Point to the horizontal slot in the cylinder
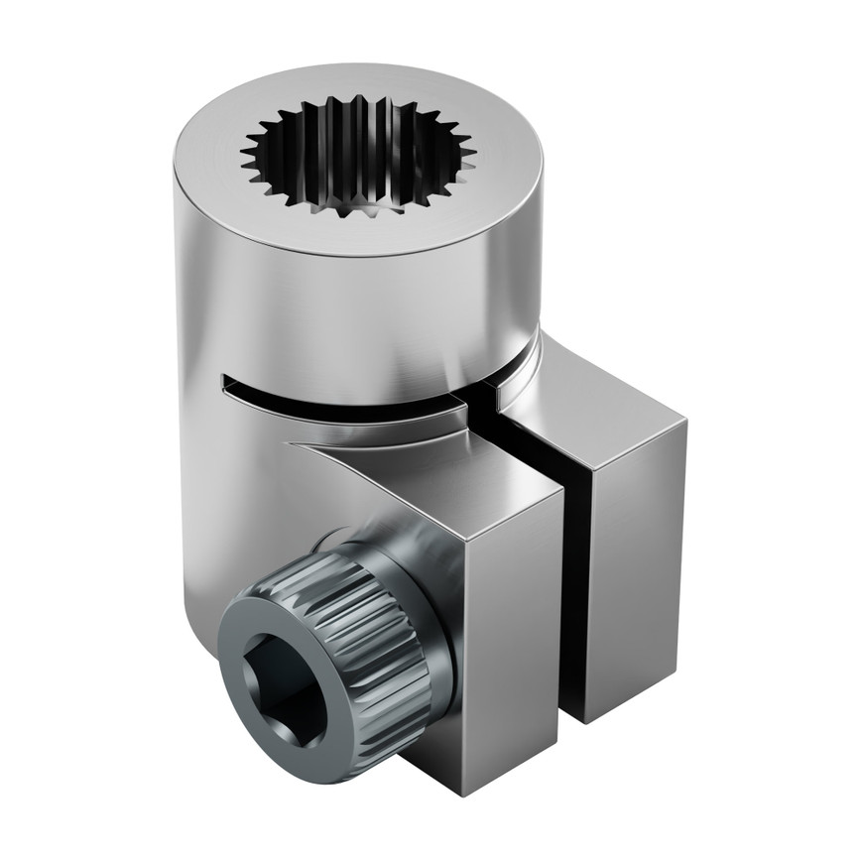(x=337, y=397)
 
